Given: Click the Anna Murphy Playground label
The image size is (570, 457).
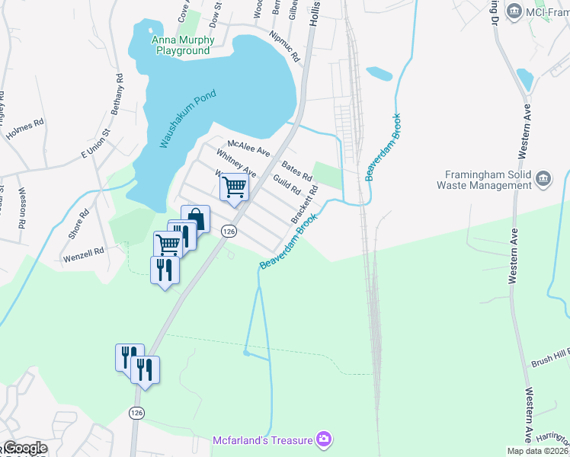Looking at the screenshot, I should point(181,45).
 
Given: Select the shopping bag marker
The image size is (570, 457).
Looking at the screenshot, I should point(195,219).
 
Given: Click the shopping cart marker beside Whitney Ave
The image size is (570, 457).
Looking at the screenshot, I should point(235,186).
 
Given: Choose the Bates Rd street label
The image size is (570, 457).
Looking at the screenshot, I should point(297,170).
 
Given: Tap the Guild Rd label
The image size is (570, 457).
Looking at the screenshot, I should point(287,184).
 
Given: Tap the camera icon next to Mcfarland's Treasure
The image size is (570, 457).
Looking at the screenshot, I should point(325,439).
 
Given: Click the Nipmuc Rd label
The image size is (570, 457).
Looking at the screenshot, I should point(285,46).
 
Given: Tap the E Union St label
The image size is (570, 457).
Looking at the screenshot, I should point(96,144).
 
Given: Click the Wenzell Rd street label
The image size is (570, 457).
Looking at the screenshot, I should point(82,254).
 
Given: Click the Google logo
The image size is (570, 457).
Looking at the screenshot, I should point(24,448).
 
